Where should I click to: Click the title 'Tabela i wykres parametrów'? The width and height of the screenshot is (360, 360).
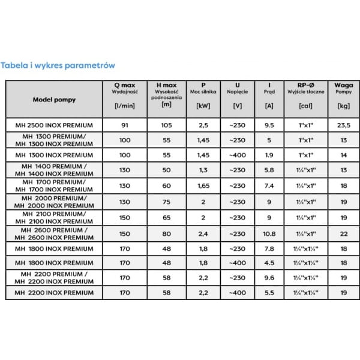click(x=58, y=64)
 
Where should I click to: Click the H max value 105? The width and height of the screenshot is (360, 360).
click(x=166, y=125)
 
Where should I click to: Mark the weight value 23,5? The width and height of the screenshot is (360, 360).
click(x=344, y=125)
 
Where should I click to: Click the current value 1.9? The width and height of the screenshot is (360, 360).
click(x=270, y=155)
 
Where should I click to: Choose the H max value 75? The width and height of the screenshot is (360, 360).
click(x=166, y=202)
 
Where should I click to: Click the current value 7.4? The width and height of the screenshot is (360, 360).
click(x=270, y=186)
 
